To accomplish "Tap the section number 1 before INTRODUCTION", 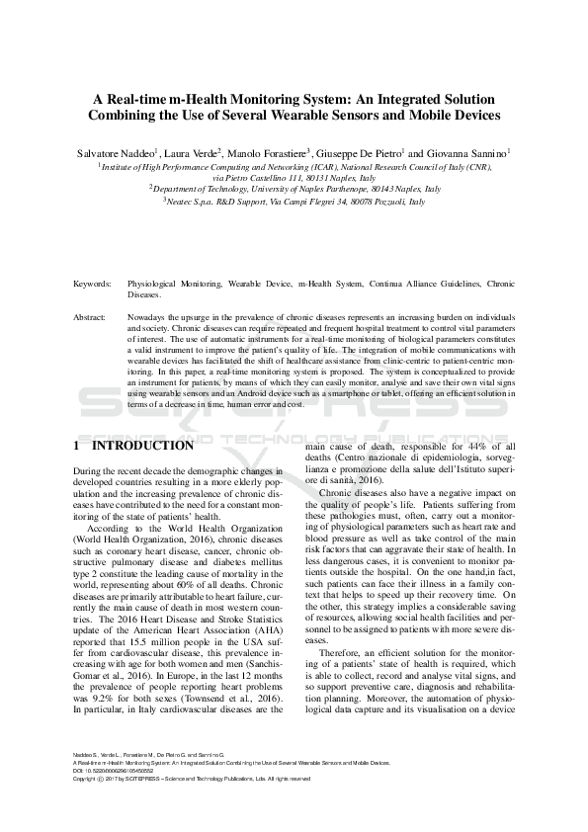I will (78, 446).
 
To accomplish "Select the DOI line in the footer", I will (119, 772).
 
